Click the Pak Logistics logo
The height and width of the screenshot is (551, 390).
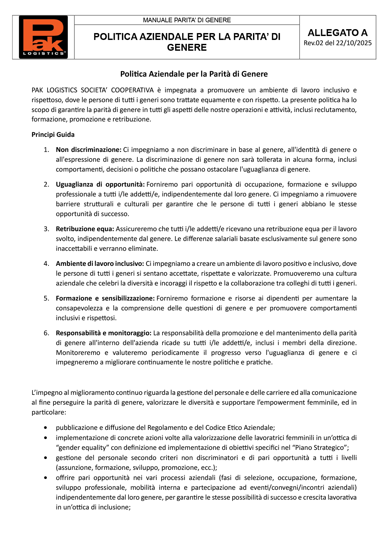(x=43, y=37)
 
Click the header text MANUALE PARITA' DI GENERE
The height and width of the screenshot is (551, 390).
(x=187, y=20)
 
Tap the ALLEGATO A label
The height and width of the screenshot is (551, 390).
(x=338, y=33)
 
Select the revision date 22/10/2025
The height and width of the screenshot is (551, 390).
(x=356, y=43)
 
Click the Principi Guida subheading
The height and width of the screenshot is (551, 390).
(x=53, y=135)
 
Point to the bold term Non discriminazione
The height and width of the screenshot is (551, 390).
(x=88, y=150)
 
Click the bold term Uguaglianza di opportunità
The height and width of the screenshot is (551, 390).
(x=100, y=184)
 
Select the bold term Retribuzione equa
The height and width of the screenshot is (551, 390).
(x=85, y=229)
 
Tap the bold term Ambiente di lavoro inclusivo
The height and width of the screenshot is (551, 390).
(x=100, y=264)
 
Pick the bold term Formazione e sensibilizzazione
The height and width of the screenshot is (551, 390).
(x=105, y=298)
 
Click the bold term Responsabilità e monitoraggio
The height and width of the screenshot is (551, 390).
(x=104, y=333)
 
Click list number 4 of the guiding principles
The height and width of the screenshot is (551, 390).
(x=46, y=264)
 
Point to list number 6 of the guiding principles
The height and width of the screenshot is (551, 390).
(x=46, y=333)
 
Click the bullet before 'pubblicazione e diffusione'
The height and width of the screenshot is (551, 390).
(x=45, y=428)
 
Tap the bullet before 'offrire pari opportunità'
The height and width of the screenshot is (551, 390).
(x=45, y=478)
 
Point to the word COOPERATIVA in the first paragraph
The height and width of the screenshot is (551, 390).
(x=132, y=90)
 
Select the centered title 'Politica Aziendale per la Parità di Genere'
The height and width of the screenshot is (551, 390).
(x=194, y=74)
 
